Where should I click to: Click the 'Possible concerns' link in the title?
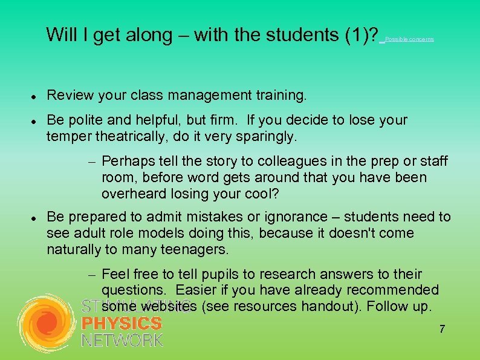point(409,39)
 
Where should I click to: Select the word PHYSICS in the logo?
point(122,324)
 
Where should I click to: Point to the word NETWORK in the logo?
point(122,340)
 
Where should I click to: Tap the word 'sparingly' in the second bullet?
point(265,137)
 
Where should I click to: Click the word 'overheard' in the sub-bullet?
point(130,194)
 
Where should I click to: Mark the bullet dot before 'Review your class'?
point(35,96)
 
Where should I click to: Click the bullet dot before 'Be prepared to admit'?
point(35,217)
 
